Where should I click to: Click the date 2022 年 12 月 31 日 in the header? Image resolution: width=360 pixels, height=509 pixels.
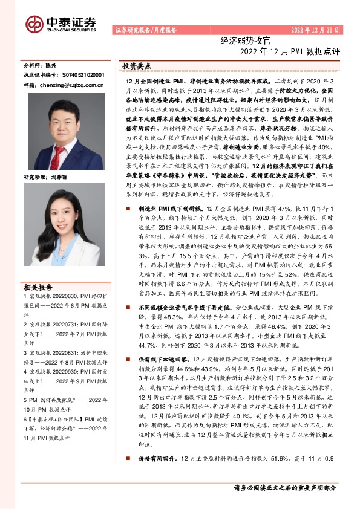(315, 30)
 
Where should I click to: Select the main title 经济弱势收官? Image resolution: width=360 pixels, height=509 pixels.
(245, 42)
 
